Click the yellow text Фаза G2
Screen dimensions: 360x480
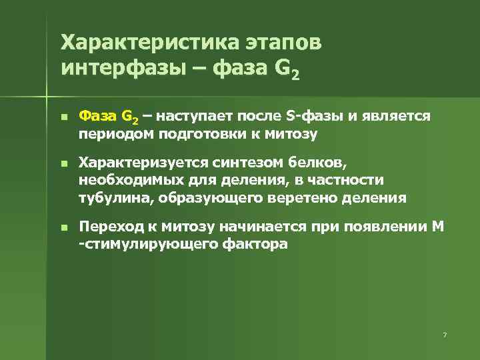tap(109, 117)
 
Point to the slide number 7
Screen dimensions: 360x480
tap(444, 333)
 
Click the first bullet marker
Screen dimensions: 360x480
tap(63, 117)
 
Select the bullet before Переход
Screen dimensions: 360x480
tap(63, 227)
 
